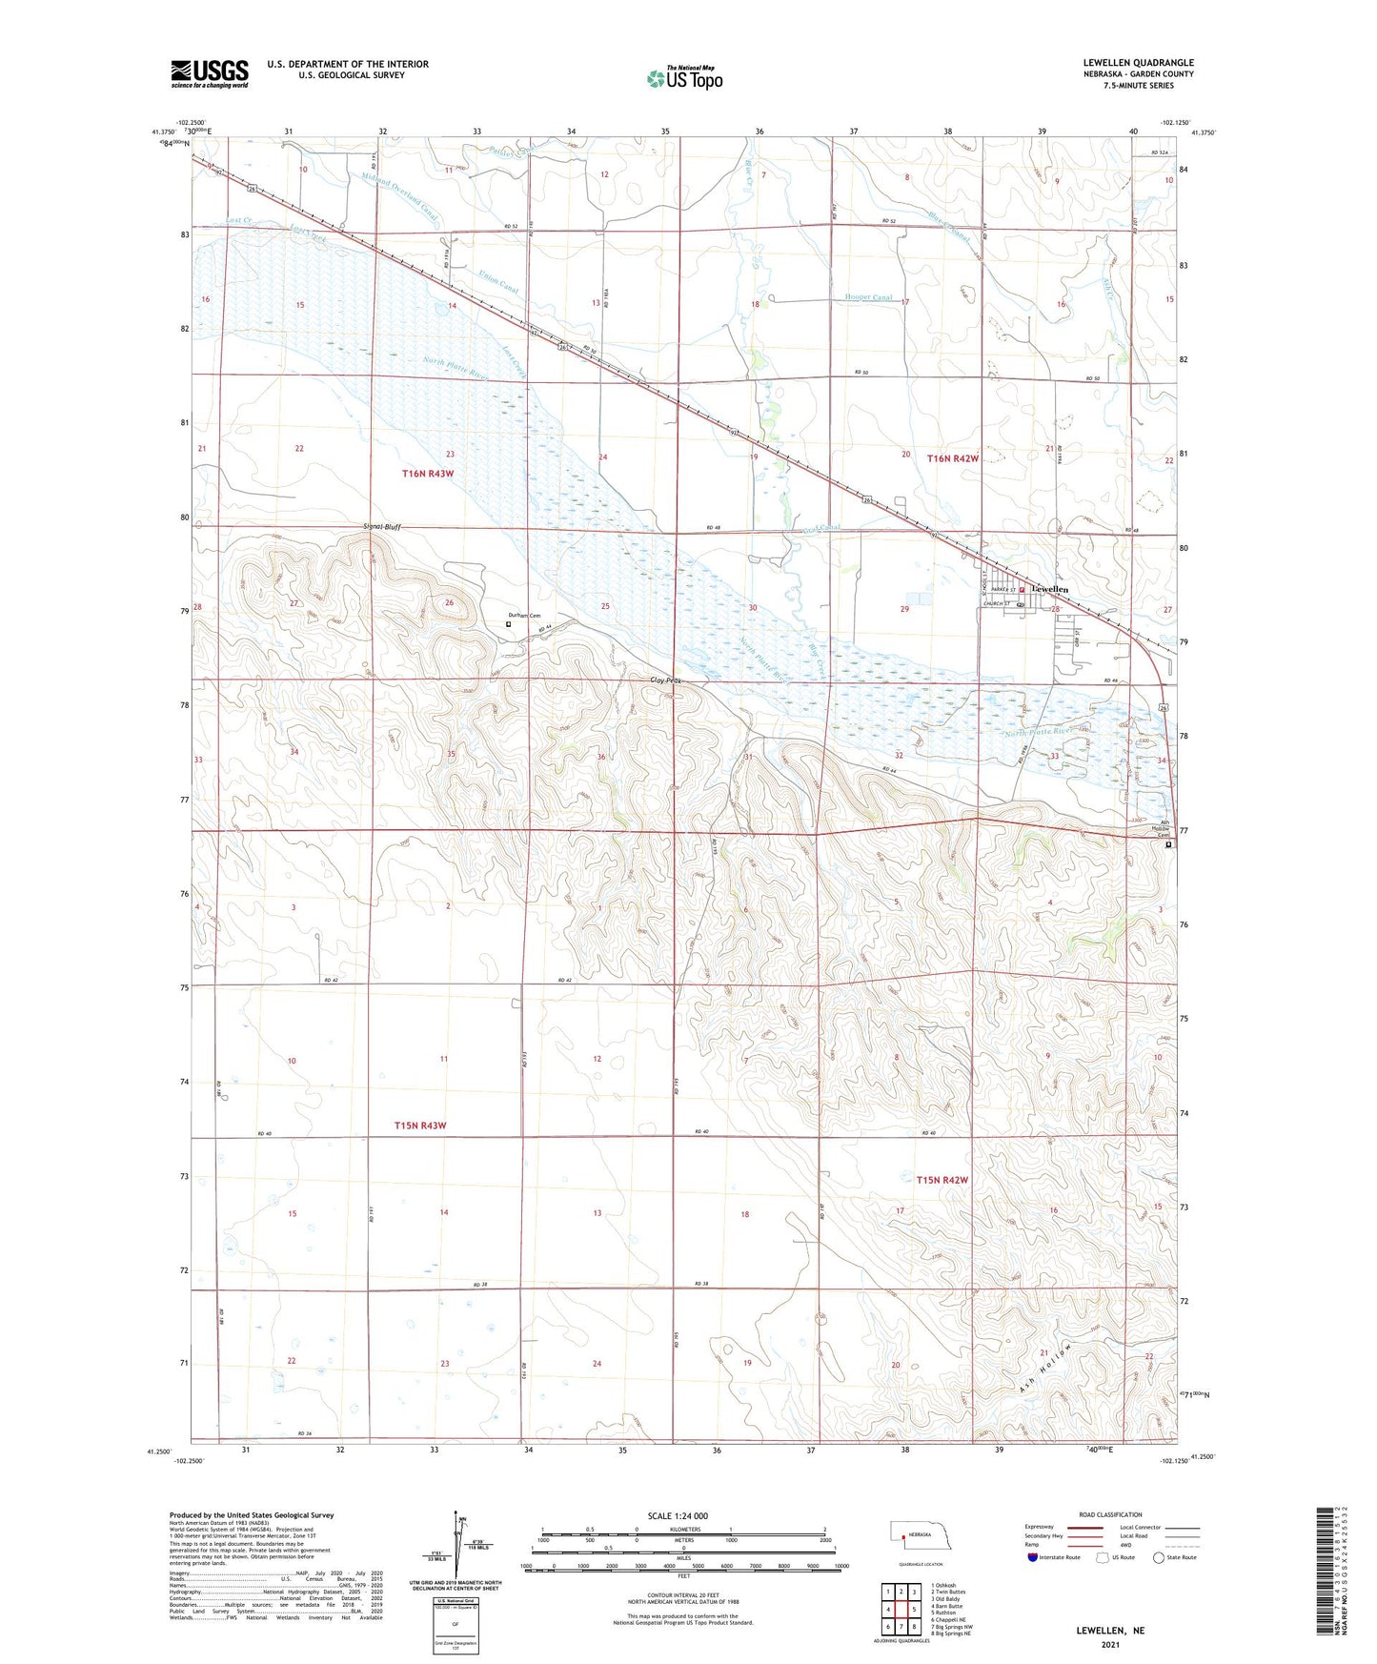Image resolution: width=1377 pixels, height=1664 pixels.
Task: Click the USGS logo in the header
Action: point(210,73)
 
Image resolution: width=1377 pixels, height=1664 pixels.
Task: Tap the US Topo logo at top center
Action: point(684,78)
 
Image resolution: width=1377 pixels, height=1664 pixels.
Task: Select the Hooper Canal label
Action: point(868,297)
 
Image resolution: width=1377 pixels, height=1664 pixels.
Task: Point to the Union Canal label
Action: point(498,282)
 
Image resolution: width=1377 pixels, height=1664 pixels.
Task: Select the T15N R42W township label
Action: point(942,1180)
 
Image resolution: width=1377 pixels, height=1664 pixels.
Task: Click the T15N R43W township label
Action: point(420,1126)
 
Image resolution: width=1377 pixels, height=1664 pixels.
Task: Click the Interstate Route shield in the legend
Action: point(1033,1557)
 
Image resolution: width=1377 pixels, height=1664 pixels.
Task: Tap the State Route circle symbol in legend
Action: point(1158,1557)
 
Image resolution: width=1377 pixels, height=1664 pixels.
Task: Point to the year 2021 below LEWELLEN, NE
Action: point(1110,1644)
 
